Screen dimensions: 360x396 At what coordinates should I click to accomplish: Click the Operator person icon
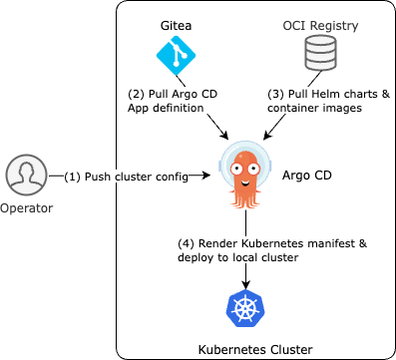(27, 175)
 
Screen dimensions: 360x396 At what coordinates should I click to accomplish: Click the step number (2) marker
(136, 94)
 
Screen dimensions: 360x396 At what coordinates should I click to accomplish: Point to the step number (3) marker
(277, 94)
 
